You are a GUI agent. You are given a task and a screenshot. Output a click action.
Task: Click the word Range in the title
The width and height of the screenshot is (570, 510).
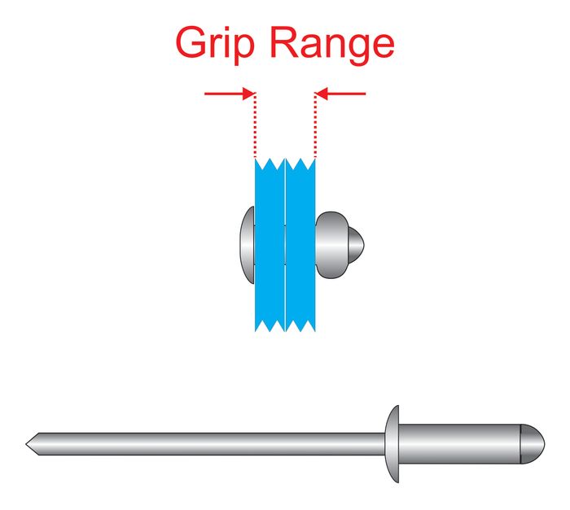pos(332,46)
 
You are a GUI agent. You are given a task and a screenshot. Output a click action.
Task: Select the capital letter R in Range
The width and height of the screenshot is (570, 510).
pos(286,41)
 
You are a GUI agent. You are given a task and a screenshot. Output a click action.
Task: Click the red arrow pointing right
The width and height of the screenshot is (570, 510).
pos(230,94)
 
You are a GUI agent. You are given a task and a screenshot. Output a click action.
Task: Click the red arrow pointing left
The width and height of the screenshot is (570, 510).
pos(340,94)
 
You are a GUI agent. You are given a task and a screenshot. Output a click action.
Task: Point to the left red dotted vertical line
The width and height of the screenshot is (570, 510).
pos(255,126)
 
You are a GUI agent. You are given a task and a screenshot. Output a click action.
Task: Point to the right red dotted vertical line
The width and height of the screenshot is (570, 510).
pos(315,126)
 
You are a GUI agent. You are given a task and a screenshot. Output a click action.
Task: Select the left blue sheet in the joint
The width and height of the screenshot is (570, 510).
pos(270,245)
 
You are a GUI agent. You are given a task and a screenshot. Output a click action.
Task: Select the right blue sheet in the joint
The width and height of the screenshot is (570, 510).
pos(300,245)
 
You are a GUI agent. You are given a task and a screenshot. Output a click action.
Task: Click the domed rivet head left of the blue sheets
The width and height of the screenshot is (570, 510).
pos(248,245)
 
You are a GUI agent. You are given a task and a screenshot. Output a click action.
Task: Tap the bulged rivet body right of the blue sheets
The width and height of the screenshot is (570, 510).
pos(332,245)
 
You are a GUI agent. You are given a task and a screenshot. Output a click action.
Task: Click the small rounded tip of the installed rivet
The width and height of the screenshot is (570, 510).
pos(357,245)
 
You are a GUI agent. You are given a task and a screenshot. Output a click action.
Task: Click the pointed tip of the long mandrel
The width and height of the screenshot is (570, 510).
pos(26,444)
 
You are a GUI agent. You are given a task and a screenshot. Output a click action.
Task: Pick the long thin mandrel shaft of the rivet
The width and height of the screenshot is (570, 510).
pos(205,444)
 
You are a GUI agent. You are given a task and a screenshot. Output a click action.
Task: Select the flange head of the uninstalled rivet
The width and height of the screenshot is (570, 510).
pos(392,444)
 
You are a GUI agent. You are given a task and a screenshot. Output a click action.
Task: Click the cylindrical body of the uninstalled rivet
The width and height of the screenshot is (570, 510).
pos(459,444)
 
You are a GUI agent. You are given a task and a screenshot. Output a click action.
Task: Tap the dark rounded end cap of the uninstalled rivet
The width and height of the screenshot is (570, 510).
pos(533,444)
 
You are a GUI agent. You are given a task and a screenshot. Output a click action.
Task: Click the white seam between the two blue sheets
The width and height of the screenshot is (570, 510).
pos(286,245)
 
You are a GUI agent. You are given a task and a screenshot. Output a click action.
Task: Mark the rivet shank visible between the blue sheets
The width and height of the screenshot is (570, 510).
pos(285,245)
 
